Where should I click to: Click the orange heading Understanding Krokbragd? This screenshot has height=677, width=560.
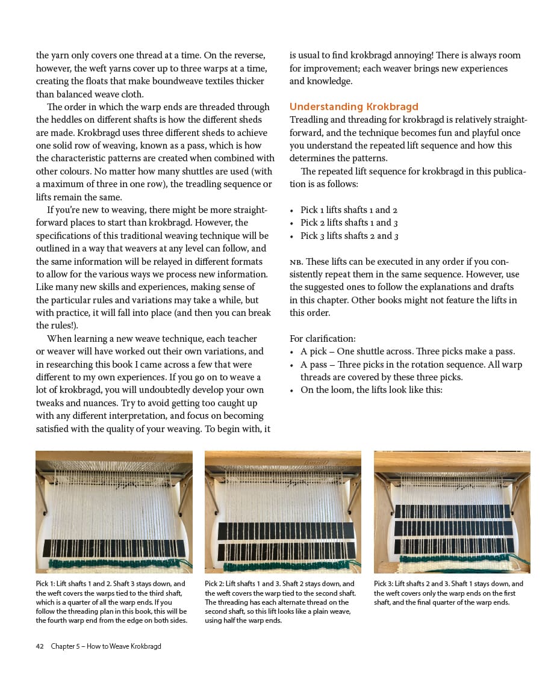(x=354, y=107)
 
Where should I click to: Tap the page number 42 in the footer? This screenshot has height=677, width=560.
(x=40, y=646)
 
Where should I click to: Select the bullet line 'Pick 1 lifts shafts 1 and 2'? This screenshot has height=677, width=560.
(x=349, y=210)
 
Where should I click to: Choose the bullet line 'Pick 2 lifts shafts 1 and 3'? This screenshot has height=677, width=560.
(x=349, y=223)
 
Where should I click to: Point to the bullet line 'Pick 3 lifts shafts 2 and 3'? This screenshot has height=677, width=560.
(x=349, y=236)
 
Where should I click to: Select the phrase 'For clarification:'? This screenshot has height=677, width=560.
(x=323, y=339)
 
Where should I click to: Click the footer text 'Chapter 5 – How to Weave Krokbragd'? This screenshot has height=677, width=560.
(x=106, y=646)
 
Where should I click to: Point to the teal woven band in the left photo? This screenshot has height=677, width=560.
(x=114, y=564)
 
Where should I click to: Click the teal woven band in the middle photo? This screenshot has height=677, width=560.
(x=283, y=566)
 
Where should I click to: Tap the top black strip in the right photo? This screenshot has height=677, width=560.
(x=452, y=512)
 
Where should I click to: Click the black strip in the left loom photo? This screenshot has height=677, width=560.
(x=114, y=548)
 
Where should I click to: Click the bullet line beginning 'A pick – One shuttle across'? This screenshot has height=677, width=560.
(x=408, y=351)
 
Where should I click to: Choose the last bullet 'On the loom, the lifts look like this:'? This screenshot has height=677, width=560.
(x=371, y=390)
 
